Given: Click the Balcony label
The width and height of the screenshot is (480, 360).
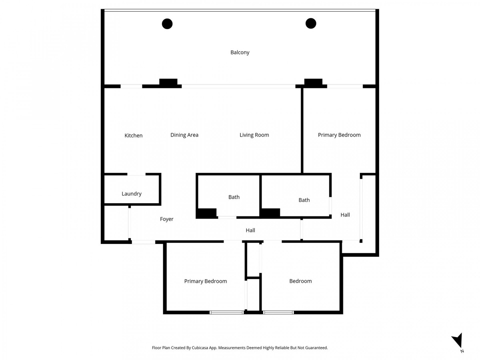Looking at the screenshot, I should click(x=240, y=52).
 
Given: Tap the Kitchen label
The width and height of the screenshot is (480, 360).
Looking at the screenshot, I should click(x=133, y=136).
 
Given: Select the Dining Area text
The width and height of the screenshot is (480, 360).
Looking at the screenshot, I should click(x=184, y=135).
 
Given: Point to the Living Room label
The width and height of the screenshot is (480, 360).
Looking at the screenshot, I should click(x=254, y=135).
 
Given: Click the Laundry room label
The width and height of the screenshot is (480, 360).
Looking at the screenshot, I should click(x=132, y=194).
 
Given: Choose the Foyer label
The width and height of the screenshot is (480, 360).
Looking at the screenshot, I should click(x=167, y=219).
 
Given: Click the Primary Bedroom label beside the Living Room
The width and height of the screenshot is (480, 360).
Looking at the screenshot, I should click(x=339, y=135).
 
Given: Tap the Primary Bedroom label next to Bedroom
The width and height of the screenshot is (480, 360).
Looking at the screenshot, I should click(x=205, y=281).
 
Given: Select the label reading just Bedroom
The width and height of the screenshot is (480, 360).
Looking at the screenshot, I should click(x=300, y=281).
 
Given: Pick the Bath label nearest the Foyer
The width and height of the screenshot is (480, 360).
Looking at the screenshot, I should click(x=234, y=197).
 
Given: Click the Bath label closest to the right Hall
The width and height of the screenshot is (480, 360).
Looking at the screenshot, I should click(x=304, y=200).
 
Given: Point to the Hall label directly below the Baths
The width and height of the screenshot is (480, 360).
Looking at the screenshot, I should click(x=250, y=230).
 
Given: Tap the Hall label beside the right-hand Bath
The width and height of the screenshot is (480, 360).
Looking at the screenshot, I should click(x=345, y=215).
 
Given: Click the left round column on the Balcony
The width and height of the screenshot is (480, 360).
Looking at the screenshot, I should click(x=167, y=24).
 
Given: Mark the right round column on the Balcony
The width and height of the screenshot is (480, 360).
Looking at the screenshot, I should click(x=311, y=24).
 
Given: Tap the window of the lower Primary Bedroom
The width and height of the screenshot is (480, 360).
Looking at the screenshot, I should click(x=227, y=312).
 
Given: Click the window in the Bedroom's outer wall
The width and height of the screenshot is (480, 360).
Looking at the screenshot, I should click(x=278, y=312).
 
